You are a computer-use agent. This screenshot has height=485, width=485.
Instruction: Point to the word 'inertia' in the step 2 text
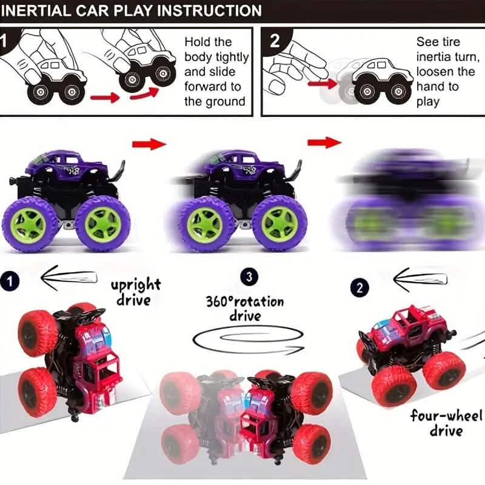pos(436,57)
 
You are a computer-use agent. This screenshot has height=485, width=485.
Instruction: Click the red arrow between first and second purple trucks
pos(149,143)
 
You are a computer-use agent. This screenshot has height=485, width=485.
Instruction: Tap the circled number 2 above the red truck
pos(359,287)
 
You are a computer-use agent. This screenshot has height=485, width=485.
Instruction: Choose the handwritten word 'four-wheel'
pos(446,416)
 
